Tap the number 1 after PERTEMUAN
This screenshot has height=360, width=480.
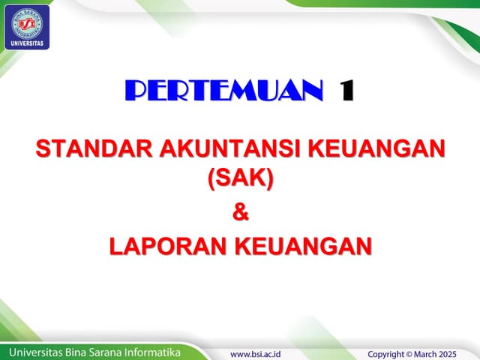pyautogui.click(x=346, y=91)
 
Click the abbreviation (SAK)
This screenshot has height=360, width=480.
pyautogui.click(x=240, y=178)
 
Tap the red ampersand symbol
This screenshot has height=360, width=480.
pyautogui.click(x=240, y=212)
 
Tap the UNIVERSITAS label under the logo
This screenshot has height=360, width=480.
pyautogui.click(x=28, y=43)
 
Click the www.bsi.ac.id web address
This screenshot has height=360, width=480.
pyautogui.click(x=260, y=352)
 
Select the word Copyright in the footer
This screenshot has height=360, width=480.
pyautogui.click(x=392, y=352)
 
